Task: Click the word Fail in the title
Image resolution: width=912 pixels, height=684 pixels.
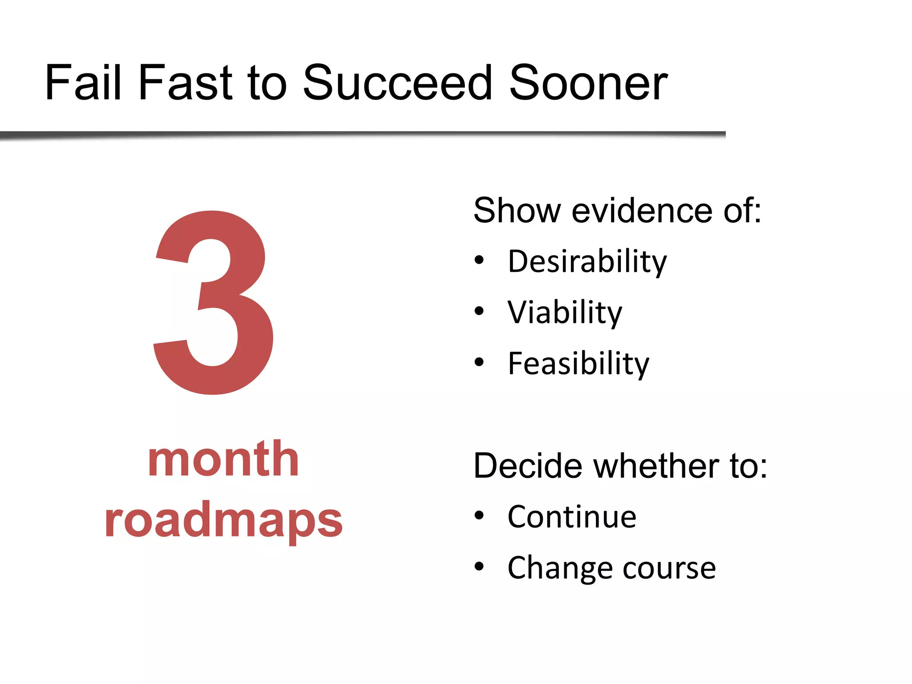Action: pyautogui.click(x=83, y=83)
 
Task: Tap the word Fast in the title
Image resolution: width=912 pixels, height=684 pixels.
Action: pyautogui.click(x=185, y=83)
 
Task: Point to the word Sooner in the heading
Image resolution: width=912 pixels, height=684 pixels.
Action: pyautogui.click(x=588, y=83)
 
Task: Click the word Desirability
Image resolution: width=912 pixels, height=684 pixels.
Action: pyautogui.click(x=587, y=262)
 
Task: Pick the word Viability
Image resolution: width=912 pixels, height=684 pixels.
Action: pyautogui.click(x=565, y=313)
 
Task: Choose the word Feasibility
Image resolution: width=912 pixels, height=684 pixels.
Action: pyautogui.click(x=578, y=364)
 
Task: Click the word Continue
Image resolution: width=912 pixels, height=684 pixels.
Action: pyautogui.click(x=572, y=517)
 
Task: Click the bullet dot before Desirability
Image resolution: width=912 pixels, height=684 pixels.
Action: pyautogui.click(x=479, y=260)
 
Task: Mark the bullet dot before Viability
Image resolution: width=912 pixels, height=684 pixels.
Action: pyautogui.click(x=479, y=311)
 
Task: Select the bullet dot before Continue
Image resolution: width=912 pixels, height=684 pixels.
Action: pyautogui.click(x=479, y=516)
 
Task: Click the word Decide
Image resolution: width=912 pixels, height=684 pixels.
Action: pyautogui.click(x=528, y=466)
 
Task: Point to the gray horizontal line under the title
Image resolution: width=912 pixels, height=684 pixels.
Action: pyautogui.click(x=362, y=134)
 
